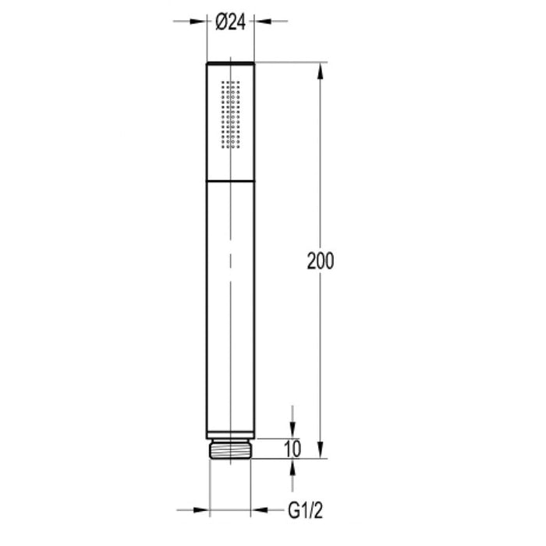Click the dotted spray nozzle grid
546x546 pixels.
coord(231,113)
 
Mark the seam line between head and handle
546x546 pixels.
coord(230,179)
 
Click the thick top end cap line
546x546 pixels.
coord(230,62)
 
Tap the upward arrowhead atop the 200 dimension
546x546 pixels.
coord(321,70)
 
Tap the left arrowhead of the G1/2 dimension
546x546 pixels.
coord(204,512)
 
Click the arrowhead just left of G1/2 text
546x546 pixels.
coord(257,512)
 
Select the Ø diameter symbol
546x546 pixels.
coord(219,23)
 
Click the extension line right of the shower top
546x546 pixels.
coord(289,62)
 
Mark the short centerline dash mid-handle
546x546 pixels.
coord(230,258)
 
